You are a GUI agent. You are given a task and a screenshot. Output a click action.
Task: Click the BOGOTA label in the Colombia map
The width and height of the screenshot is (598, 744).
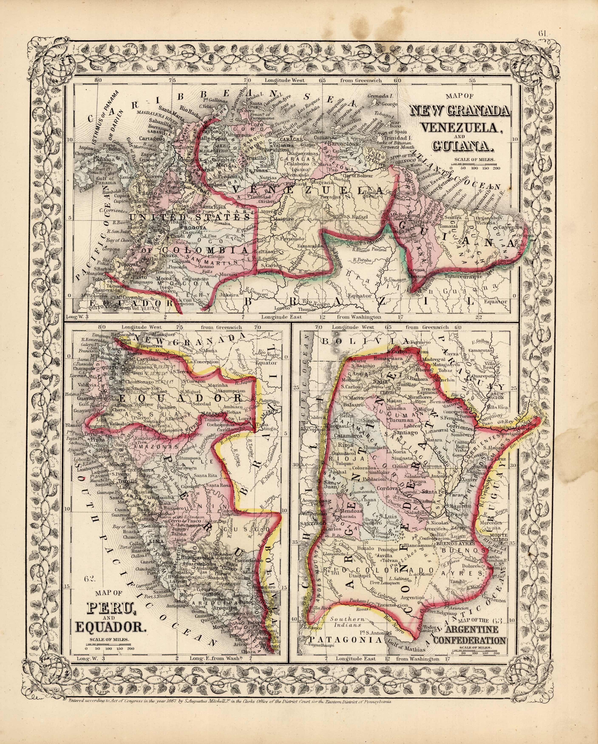195,228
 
